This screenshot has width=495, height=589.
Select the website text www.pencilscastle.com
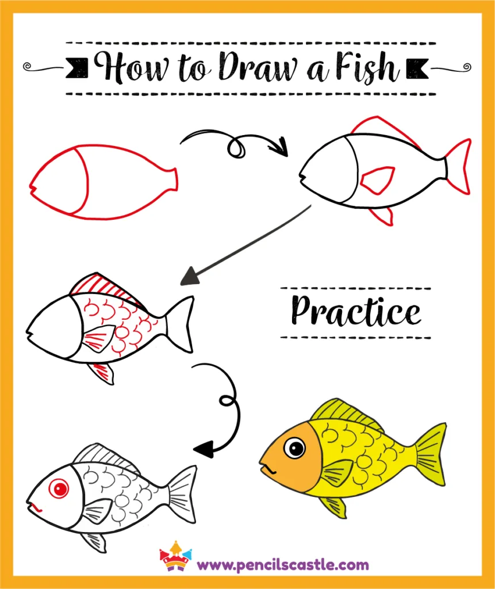pos(282,564)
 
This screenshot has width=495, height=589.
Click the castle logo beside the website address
pos(175,556)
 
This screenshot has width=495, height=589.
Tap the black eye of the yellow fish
pos(295,448)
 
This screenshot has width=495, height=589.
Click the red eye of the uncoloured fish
pos(58,489)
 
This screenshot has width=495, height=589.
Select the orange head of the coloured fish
pos(289,457)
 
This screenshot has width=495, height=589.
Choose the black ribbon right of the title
pos(418,68)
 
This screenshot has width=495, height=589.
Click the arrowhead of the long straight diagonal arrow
pos(187,280)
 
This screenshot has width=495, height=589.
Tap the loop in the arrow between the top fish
pos(236,147)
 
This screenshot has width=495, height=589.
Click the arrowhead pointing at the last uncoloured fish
pos(202,448)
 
